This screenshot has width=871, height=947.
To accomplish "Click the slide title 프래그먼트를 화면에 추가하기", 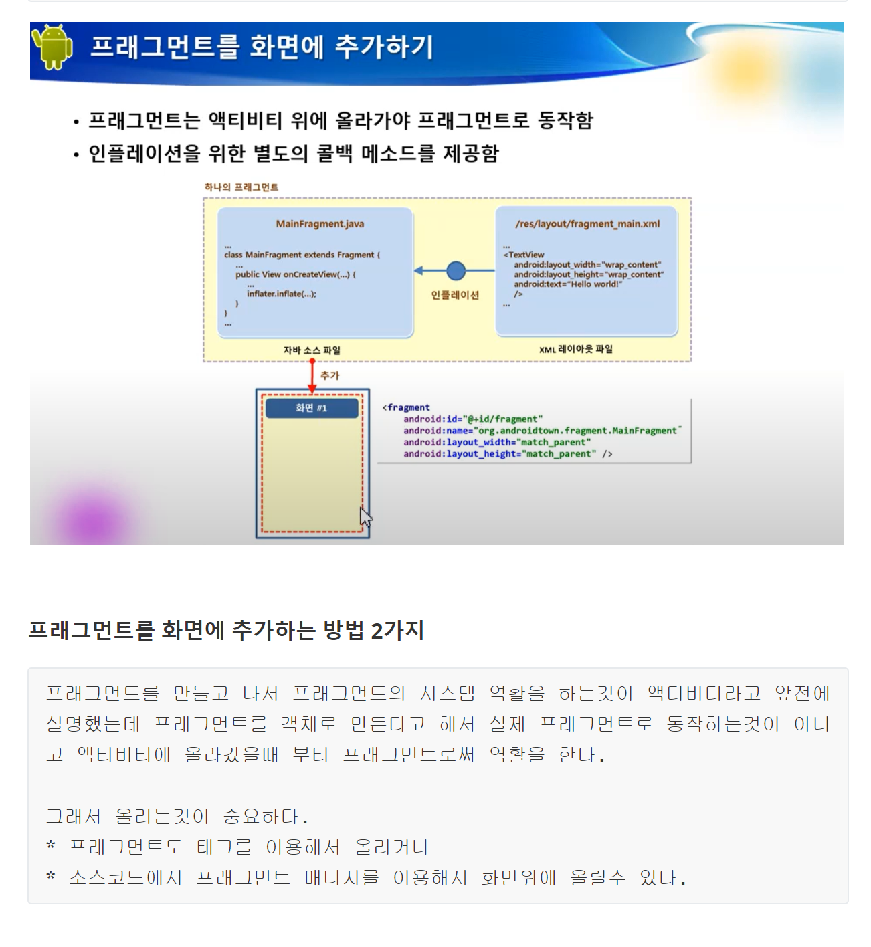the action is point(262,47).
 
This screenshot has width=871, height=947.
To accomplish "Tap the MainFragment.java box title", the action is point(320,224).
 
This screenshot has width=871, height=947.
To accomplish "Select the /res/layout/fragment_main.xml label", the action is point(587,224).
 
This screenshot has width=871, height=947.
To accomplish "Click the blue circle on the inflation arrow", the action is point(456,271).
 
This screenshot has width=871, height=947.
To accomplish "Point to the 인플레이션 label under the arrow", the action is point(455,295).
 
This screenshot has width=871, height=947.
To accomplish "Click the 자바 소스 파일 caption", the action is point(312,350).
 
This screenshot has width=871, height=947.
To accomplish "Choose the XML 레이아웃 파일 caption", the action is point(575,349).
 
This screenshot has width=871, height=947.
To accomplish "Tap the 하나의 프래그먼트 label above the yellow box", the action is point(241,187).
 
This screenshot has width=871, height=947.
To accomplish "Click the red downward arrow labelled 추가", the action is point(312,376).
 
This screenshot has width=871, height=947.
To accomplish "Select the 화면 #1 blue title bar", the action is point(312,408).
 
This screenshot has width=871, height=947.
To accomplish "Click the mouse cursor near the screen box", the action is point(365,517).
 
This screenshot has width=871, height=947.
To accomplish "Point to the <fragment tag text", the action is point(406,407).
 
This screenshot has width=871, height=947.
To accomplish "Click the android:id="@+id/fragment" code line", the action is point(472,419).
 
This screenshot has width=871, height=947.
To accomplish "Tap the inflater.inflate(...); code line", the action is point(281,294).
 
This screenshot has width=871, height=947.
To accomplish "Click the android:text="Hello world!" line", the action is point(567,284).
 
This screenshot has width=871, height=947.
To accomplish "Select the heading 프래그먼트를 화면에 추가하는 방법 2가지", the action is point(226,630).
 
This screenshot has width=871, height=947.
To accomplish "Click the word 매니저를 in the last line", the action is point(341,878).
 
